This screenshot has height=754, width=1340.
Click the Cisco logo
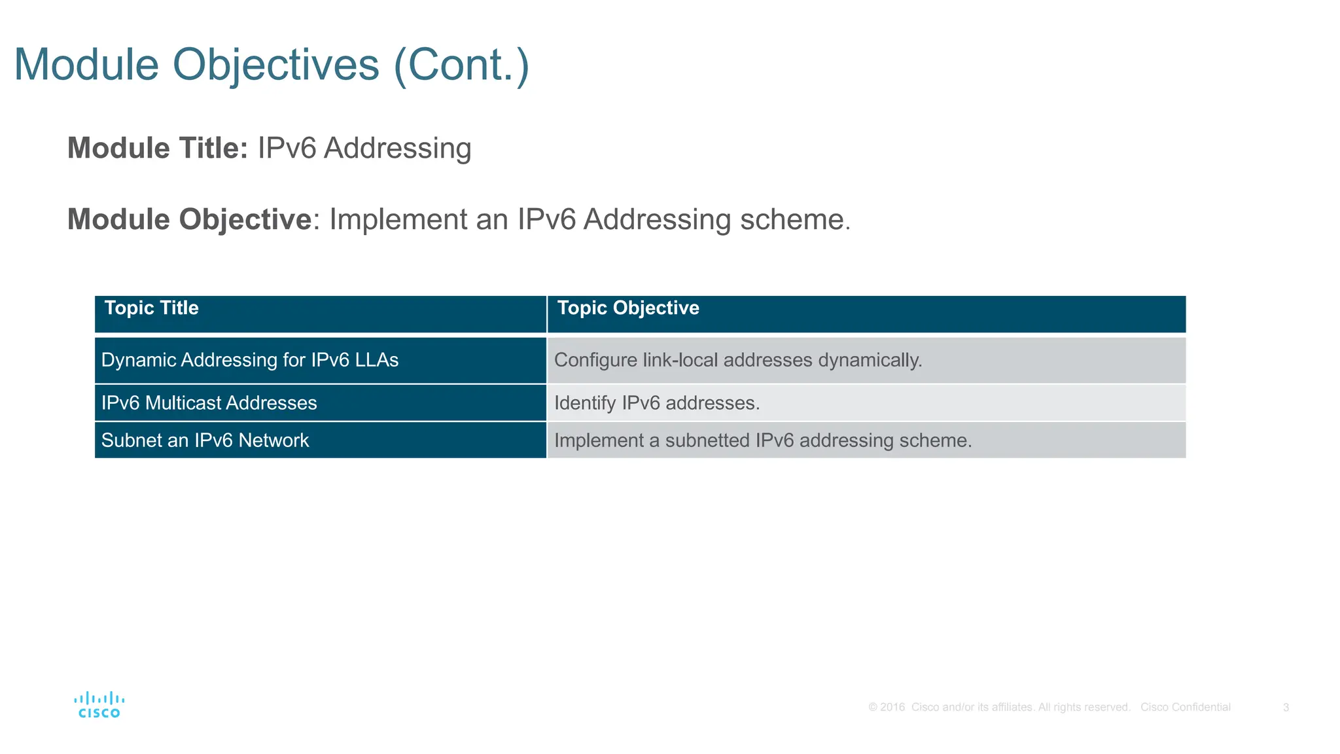[99, 705]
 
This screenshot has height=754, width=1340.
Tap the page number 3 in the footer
[1286, 708]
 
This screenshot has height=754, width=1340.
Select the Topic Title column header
[151, 308]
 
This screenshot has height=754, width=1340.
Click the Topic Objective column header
[627, 308]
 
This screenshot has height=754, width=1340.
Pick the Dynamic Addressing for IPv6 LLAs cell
[250, 360]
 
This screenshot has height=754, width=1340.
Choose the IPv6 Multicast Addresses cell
[209, 403]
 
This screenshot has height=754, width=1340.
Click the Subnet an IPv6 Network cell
[205, 440]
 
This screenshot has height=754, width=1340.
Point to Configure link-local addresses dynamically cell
[737, 360]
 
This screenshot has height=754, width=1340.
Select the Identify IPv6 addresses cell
[656, 403]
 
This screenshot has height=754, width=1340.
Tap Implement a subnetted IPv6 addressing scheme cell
[762, 440]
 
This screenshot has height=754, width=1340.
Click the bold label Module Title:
[158, 148]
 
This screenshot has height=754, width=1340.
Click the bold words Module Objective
[190, 219]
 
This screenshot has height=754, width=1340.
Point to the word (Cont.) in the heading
[461, 65]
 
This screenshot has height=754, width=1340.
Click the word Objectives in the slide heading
[275, 65]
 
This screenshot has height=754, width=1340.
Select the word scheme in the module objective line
[794, 219]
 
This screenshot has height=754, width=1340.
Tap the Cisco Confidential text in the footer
[1185, 708]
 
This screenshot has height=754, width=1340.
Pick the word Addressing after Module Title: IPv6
[397, 149]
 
